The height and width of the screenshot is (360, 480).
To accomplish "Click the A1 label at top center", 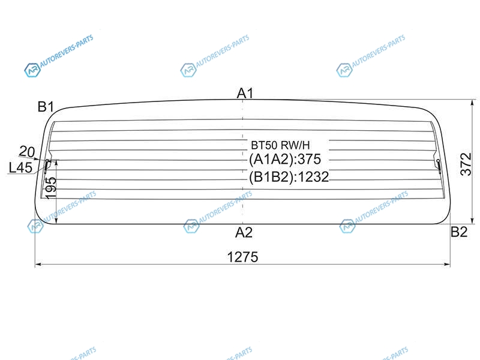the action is coord(245,93).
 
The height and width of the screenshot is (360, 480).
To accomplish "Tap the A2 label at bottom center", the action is coord(244,233).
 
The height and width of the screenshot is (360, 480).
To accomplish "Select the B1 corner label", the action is coord(46,107).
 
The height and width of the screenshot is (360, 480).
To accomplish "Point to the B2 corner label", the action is coord(459,232).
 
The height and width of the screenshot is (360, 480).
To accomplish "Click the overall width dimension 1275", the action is coord(242,257).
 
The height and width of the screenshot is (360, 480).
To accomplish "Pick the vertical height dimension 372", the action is coord(466,164).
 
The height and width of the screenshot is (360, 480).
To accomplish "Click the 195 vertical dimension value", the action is coord(51,188).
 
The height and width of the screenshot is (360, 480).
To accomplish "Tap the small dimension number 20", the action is coord(27,152).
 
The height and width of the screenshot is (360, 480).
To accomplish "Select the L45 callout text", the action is coord(20,167).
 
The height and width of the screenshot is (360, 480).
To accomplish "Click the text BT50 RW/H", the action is coord(280,145).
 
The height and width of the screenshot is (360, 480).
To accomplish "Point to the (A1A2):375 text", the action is coord(285,159).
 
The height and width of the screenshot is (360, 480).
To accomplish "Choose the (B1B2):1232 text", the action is coord(289,177).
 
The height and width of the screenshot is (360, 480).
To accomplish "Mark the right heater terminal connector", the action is coord(439,165).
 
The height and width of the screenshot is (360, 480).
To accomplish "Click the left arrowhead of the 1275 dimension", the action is coord(38,264).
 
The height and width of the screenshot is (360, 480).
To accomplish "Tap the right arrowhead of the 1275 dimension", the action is coord(447,264).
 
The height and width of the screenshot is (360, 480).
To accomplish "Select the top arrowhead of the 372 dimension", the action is coord(472,103).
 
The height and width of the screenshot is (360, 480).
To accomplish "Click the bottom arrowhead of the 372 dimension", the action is coord(472,220).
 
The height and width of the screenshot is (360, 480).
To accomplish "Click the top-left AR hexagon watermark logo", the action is coord(32,70).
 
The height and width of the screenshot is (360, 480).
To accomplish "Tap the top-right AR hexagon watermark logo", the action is coord(344,70).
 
